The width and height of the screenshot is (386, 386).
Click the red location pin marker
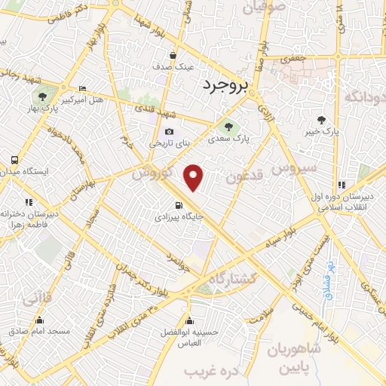[195, 178]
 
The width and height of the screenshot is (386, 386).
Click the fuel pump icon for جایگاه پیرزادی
[178, 204]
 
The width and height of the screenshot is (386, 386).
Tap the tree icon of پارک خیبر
[322, 120]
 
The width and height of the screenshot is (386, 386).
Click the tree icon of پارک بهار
[42, 96]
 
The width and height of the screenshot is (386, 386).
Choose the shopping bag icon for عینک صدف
[173, 55]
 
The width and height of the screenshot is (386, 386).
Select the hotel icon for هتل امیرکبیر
[82, 87]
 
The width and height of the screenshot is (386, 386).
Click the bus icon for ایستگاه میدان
[14, 160]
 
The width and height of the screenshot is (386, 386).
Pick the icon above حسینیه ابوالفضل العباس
[188, 320]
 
